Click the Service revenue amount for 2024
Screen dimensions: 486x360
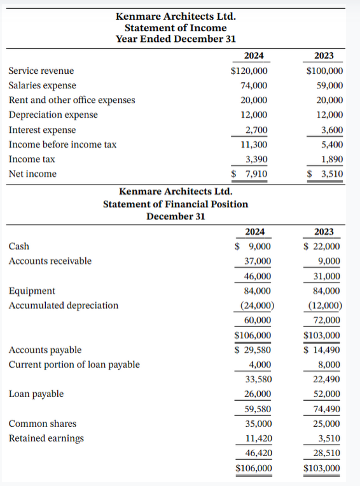click(x=249, y=71)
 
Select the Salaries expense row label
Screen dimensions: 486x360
click(x=42, y=85)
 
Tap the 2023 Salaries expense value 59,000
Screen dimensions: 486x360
click(x=329, y=85)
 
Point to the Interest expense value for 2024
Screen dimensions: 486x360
click(x=256, y=130)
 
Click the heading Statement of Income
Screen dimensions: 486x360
click(x=176, y=27)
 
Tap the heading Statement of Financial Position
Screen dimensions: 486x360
click(x=176, y=204)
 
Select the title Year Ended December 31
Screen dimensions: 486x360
click(x=176, y=39)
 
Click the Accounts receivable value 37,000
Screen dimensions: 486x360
click(x=258, y=261)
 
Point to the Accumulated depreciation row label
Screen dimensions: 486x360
click(x=63, y=305)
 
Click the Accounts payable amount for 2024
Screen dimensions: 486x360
click(x=253, y=349)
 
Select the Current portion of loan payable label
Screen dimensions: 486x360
click(x=74, y=364)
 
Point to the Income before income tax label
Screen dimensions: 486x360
click(x=62, y=144)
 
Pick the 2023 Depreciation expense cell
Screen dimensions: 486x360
click(x=329, y=115)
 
